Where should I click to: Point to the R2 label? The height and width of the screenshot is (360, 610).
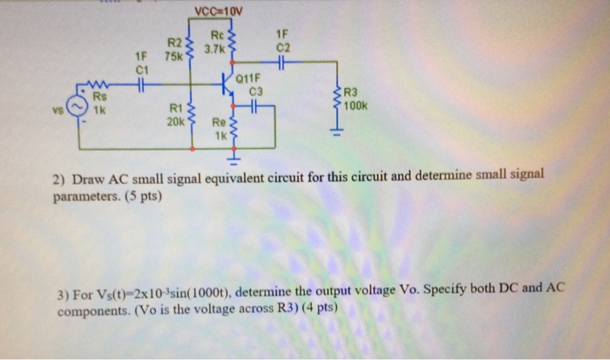pos(174,42)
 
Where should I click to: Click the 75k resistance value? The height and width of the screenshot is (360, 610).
pos(173,56)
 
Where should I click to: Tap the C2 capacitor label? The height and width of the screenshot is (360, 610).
pos(281,49)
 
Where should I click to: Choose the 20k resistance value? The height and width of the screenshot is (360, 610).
pos(174,121)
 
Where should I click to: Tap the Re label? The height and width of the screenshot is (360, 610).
pos(218,124)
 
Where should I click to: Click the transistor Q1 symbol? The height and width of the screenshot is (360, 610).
pos(228,85)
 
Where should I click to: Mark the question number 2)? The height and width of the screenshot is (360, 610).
pos(59,180)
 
